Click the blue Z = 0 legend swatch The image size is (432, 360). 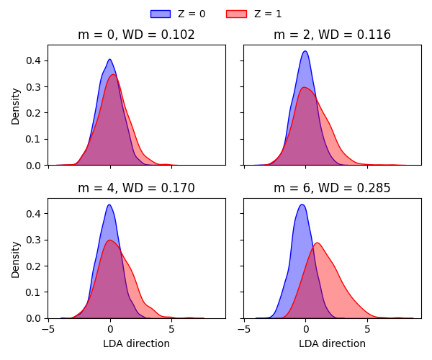(x=160, y=14)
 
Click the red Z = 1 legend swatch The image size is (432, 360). (x=236, y=14)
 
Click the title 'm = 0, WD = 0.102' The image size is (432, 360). (x=136, y=35)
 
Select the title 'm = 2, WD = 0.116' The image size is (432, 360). (x=332, y=35)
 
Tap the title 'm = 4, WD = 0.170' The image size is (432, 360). (x=136, y=188)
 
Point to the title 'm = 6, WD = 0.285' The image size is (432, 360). (x=332, y=188)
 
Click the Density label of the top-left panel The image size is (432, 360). (x=16, y=105)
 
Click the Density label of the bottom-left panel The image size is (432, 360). (x=16, y=258)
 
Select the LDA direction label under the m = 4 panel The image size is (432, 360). (x=136, y=343)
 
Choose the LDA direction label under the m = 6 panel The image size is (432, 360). (x=332, y=343)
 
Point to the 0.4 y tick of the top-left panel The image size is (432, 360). (x=34, y=60)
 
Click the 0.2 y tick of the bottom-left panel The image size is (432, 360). (x=34, y=266)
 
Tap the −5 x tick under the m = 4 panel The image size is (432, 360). (x=48, y=330)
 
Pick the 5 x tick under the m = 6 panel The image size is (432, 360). (x=367, y=330)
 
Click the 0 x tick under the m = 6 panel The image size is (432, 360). (x=305, y=330)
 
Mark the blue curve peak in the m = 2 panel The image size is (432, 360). (x=305, y=51)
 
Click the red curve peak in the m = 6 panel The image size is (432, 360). (x=317, y=243)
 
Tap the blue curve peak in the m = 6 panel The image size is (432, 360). (x=302, y=204)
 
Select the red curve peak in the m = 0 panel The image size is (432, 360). (x=113, y=75)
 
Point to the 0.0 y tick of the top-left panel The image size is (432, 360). (x=34, y=166)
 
